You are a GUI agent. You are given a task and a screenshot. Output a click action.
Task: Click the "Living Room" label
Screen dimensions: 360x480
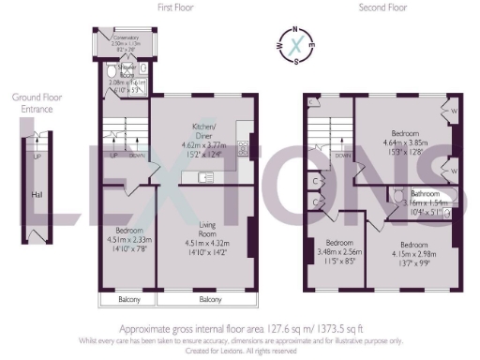pyautogui.click(x=208, y=228)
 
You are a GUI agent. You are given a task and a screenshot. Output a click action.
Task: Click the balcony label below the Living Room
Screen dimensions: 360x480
pyautogui.click(x=209, y=299)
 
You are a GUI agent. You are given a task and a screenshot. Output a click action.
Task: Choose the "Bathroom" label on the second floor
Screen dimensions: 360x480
pyautogui.click(x=420, y=193)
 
